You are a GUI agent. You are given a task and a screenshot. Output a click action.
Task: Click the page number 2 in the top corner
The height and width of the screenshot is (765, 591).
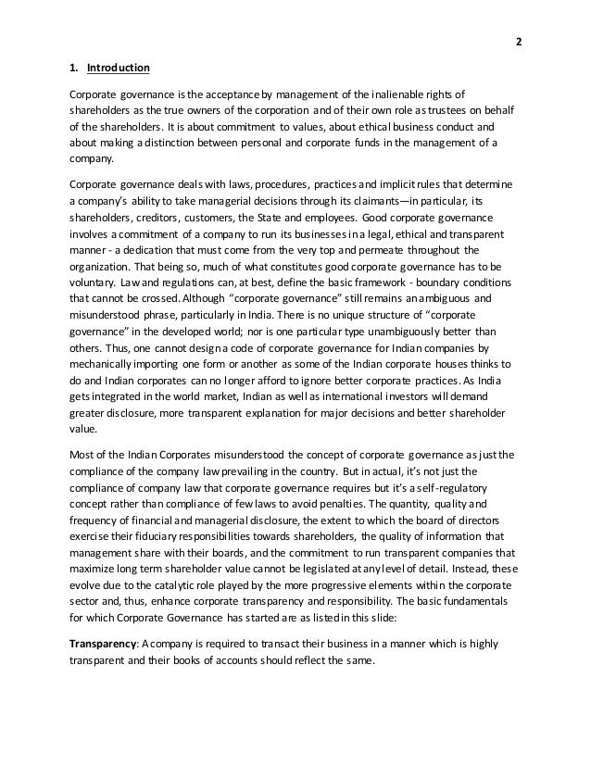point(519,43)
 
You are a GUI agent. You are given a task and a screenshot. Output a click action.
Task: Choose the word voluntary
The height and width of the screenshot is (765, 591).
point(93,284)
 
